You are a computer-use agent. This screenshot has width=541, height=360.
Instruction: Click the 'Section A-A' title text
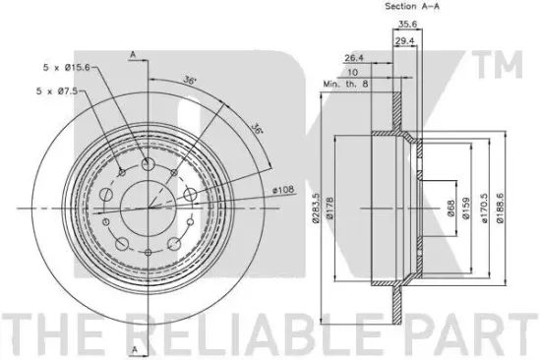(x=412, y=6)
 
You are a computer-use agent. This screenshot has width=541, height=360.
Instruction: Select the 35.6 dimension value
(x=408, y=25)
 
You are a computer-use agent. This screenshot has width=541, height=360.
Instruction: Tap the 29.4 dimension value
(x=404, y=41)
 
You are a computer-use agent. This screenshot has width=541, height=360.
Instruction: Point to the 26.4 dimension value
(x=354, y=58)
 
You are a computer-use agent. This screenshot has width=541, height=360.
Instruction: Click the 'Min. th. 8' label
(x=345, y=84)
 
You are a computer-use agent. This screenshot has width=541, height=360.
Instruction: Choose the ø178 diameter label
(x=330, y=208)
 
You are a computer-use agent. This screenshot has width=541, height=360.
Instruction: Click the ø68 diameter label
(x=451, y=209)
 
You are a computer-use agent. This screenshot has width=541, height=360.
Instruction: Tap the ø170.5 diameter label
(x=485, y=209)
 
